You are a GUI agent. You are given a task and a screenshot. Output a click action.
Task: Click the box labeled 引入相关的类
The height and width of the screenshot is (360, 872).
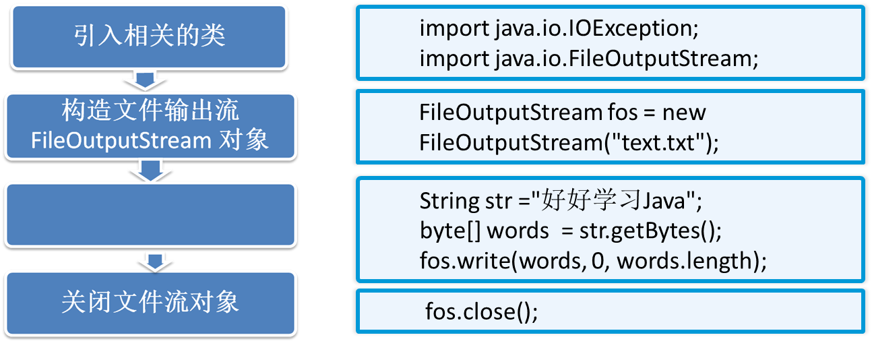[x=149, y=36]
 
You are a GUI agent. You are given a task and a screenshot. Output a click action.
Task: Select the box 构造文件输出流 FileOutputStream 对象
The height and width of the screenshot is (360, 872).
[x=149, y=126]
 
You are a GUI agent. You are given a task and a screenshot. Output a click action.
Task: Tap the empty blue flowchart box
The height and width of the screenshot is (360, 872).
[x=149, y=215]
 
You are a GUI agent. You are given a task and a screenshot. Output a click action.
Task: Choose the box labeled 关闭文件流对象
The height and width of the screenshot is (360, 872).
[x=149, y=302]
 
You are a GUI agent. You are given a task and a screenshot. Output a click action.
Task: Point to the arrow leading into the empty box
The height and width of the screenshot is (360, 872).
[x=150, y=171]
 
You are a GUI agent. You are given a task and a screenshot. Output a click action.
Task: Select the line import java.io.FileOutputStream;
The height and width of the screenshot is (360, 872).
[x=589, y=59]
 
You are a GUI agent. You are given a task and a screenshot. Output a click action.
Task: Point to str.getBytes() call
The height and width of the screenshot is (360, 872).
[x=650, y=231]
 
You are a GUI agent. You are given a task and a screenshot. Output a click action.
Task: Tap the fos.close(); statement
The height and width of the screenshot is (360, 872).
[x=481, y=312]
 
